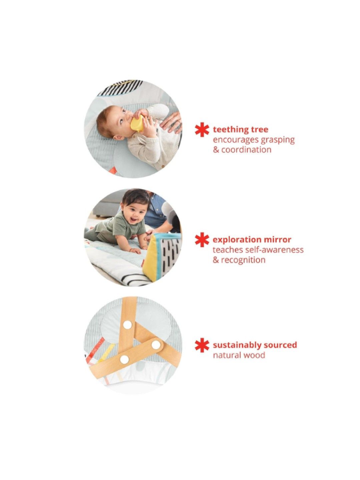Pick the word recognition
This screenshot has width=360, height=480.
coord(243,260)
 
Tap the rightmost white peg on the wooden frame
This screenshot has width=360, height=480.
coord(155,345)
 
